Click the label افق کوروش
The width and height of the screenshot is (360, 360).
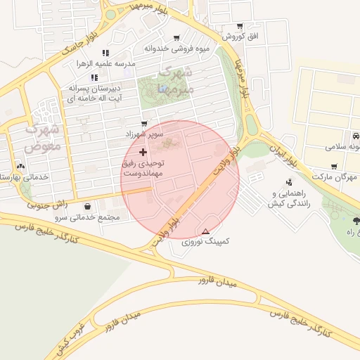tap(240, 36)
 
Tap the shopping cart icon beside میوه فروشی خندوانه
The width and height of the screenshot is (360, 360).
tap(176, 38)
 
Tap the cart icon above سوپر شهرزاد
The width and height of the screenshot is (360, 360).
tap(144, 123)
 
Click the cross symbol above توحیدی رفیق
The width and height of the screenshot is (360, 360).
tap(143, 152)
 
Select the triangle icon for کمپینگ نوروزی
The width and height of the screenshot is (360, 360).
tap(205, 231)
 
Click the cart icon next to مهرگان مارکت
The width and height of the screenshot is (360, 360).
tap(333, 167)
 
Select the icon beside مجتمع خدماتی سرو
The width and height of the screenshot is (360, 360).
tap(87, 207)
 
